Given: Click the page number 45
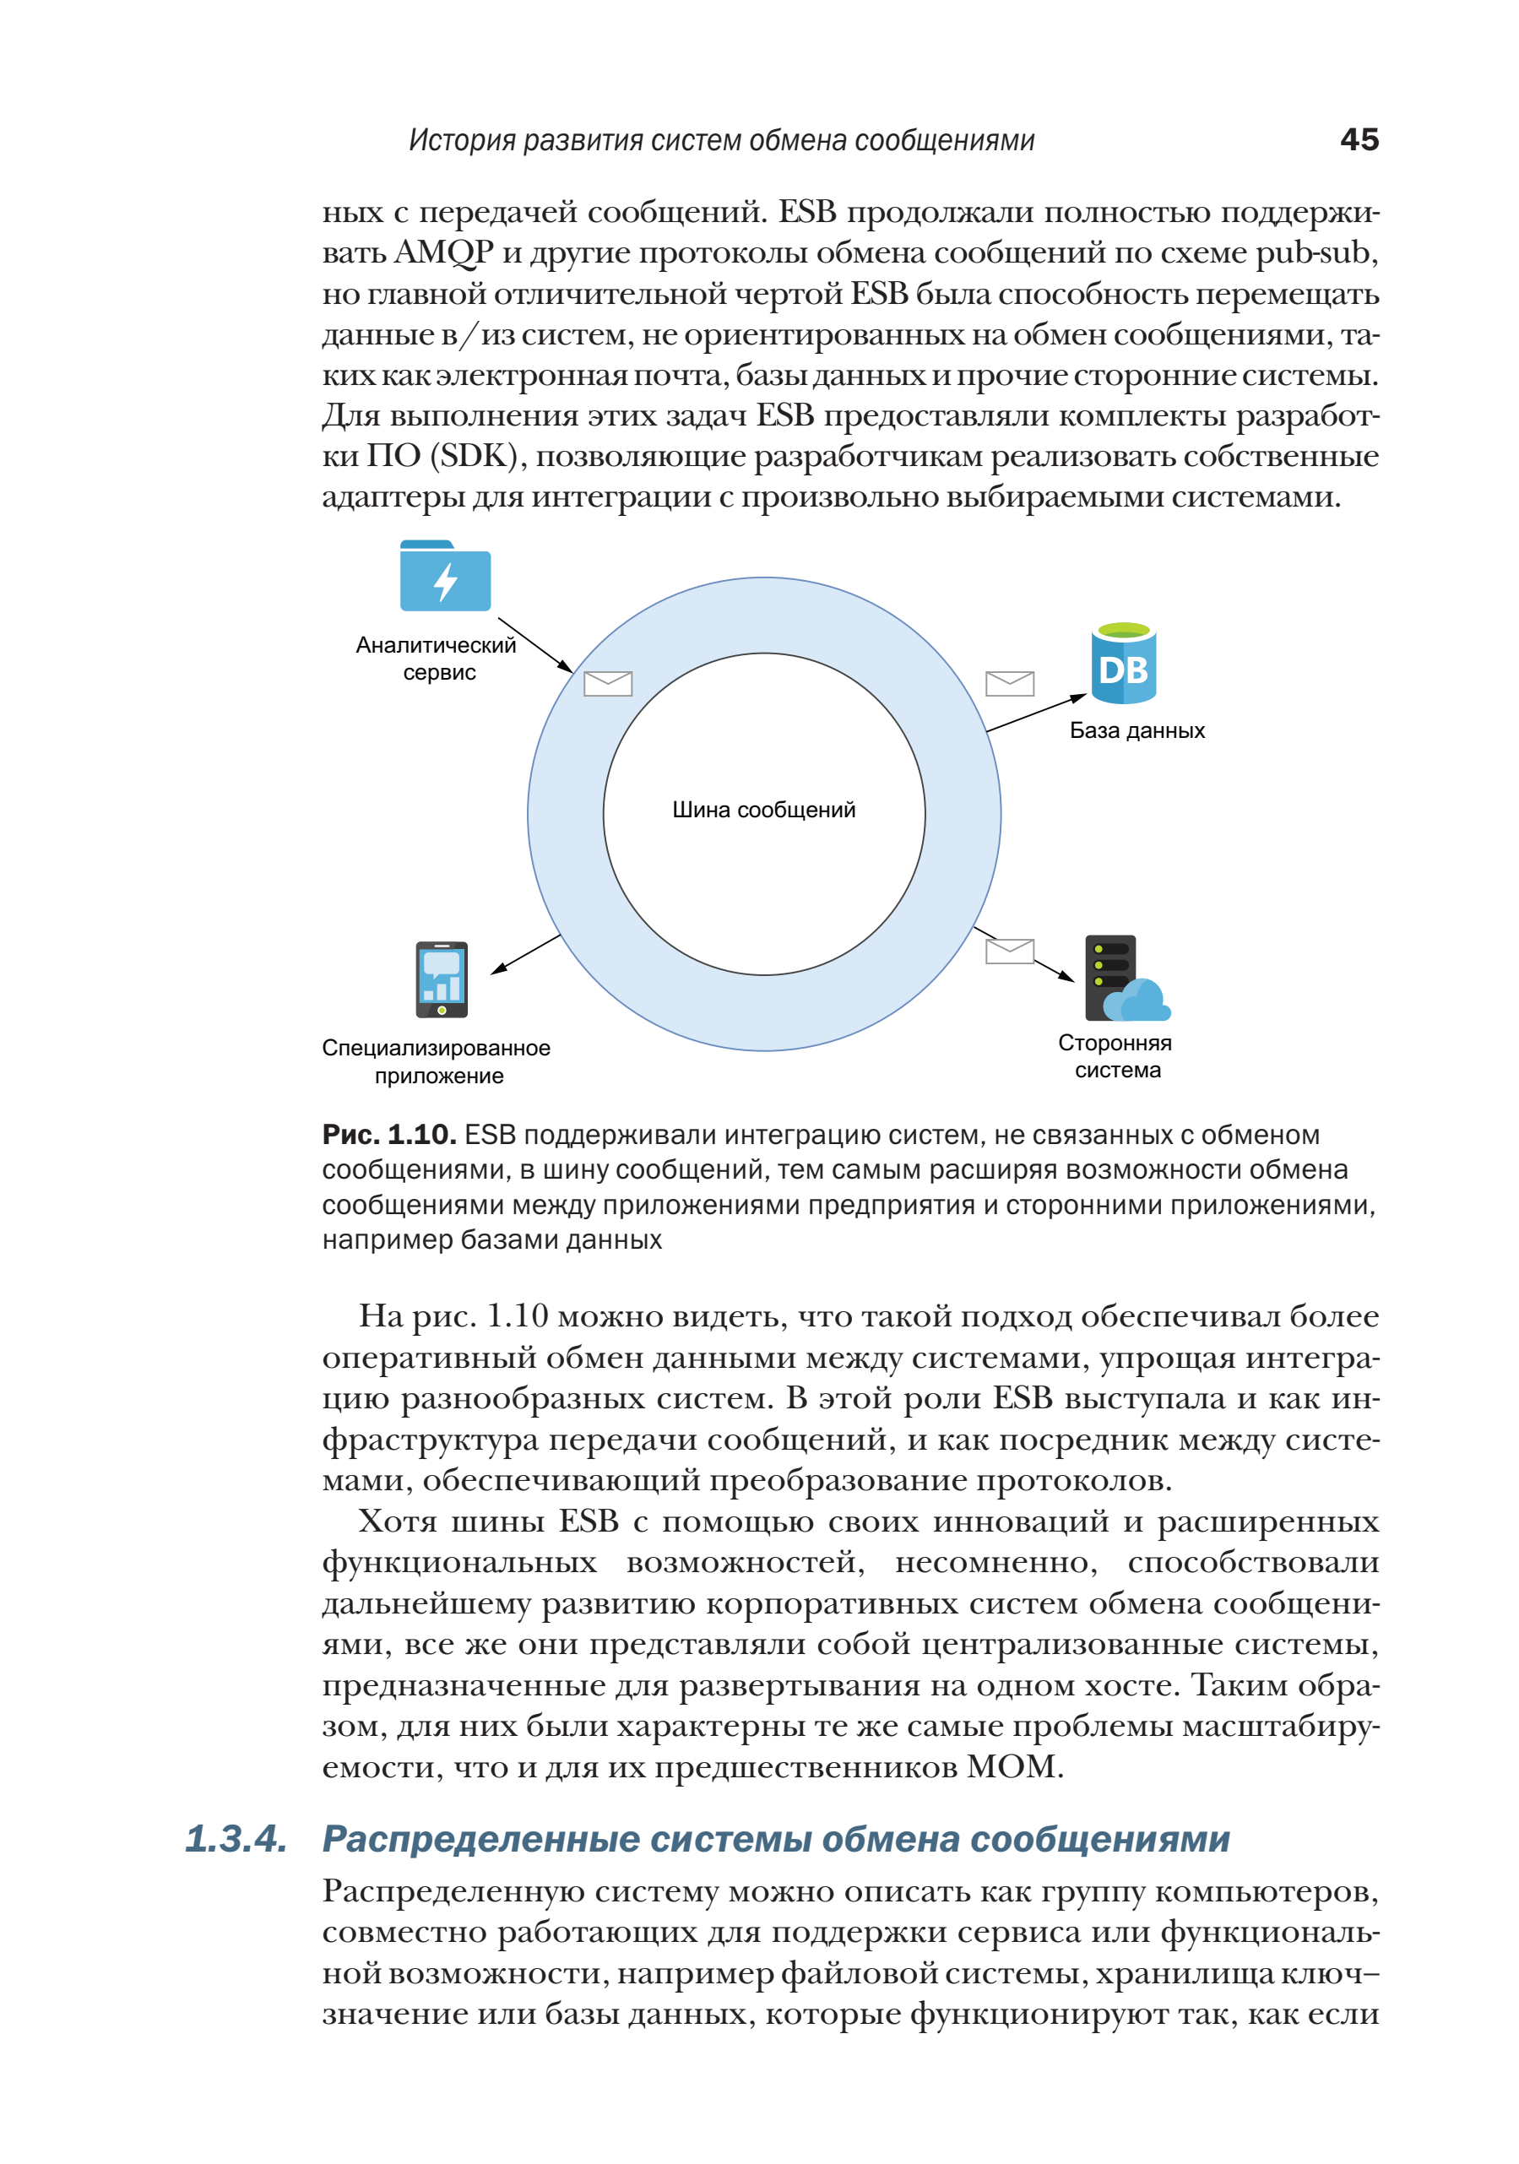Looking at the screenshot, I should pos(1358,139).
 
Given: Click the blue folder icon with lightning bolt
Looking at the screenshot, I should pos(445,576).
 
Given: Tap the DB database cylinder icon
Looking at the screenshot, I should pos(1123,664).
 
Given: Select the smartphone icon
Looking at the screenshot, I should pos(442,979).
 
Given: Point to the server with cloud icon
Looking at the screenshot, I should pos(1124,979).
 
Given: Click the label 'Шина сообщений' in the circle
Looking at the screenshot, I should pos(763,810).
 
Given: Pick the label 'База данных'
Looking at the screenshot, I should pos(1137,730).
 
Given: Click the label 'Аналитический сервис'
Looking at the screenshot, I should pos(437,658).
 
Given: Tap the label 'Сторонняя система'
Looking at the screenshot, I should pos(1115,1055).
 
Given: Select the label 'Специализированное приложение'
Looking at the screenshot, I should pos(437,1061).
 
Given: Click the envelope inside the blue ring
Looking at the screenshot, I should pos(608,683).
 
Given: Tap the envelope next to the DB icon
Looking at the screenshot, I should pos(1009,683).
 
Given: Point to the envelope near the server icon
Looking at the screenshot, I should pos(1009,951).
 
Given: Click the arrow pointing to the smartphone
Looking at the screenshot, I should pos(526,954).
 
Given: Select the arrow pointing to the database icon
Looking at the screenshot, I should pos(1035,713).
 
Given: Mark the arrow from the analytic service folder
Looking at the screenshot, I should pos(535,646).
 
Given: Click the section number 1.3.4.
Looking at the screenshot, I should pos(236,1839).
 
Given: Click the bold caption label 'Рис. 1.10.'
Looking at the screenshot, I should pos(389,1134).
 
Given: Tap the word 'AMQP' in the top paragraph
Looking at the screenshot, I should pos(443,252).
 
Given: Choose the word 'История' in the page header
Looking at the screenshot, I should pos(461,140).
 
